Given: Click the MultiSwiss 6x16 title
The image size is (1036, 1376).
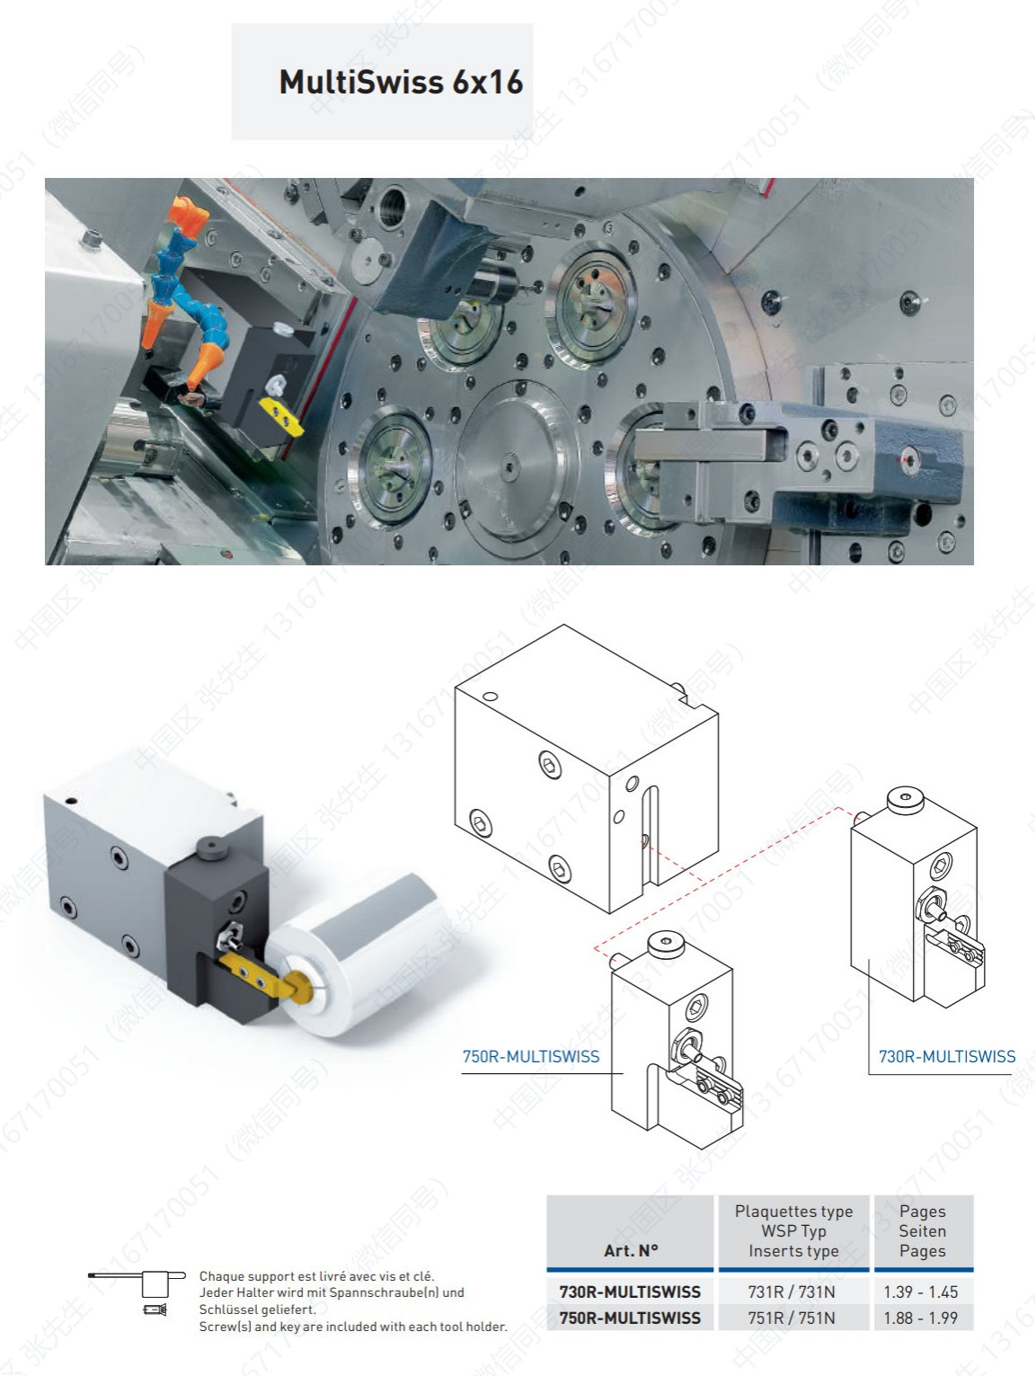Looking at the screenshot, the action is coord(401,82).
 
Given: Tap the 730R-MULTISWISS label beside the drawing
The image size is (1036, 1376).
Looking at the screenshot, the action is coord(946,1056).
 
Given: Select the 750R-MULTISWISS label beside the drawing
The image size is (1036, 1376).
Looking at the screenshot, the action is coord(531,1056).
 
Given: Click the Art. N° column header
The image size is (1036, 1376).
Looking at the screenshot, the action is coord(631,1250).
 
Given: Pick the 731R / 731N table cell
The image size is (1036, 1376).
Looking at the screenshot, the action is coord(792,1292).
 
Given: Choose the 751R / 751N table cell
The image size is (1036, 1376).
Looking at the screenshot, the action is coord(792,1318).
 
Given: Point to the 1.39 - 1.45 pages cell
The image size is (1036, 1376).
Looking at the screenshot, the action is coord(921,1292).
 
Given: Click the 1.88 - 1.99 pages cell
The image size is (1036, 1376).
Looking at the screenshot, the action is coord(921,1318).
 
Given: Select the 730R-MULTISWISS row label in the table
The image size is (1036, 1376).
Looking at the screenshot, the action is coord(630,1292).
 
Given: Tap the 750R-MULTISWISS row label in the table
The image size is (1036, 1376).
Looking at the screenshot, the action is coord(630,1318).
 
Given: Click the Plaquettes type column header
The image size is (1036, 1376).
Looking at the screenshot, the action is coord(793,1212).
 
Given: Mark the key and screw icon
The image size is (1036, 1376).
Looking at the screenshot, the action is coord(137,1292).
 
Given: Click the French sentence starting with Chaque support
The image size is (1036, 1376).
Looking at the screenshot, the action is coord(316,1275).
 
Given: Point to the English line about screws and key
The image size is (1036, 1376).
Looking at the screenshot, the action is coord(353,1327).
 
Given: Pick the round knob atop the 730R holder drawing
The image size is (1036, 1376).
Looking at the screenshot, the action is coord(906,800).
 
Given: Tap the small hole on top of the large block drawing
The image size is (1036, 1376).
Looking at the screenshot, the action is coord(491,696).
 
